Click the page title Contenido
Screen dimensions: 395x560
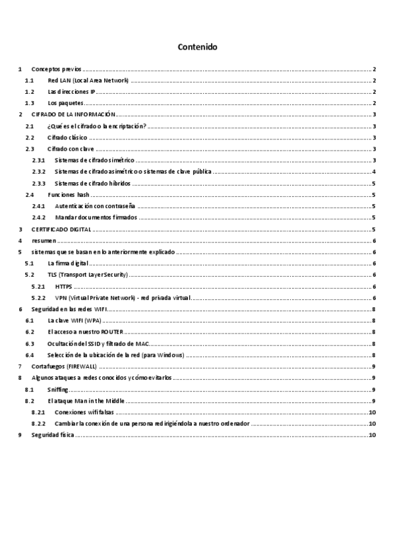(x=197, y=48)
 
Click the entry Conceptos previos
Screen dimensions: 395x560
(x=57, y=69)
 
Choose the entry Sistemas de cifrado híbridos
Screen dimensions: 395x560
(x=92, y=183)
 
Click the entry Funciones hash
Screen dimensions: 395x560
(x=69, y=195)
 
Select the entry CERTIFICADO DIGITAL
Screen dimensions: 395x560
(x=61, y=229)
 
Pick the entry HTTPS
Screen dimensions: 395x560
(x=64, y=286)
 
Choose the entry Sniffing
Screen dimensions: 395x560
(x=58, y=389)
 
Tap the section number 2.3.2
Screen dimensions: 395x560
(x=39, y=172)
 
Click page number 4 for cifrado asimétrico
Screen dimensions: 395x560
(x=374, y=172)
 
